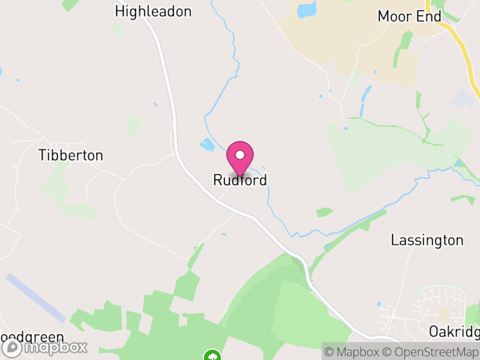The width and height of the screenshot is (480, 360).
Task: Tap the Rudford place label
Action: pyautogui.click(x=240, y=180)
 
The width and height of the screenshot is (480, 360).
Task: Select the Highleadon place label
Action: pyautogui.click(x=153, y=11)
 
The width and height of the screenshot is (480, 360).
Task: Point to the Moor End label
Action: pyautogui.click(x=409, y=16)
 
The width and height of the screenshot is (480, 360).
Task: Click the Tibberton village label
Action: pyautogui.click(x=71, y=155)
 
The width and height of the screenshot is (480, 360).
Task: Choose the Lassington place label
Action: pyautogui.click(x=427, y=241)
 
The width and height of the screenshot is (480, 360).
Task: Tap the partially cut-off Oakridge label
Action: pyautogui.click(x=454, y=332)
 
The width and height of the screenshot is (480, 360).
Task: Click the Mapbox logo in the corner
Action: pyautogui.click(x=45, y=347)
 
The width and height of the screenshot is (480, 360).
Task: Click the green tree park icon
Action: pyautogui.click(x=211, y=356)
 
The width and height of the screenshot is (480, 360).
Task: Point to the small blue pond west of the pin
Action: pyautogui.click(x=208, y=145)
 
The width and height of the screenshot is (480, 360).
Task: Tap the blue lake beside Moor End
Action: pyautogui.click(x=307, y=10)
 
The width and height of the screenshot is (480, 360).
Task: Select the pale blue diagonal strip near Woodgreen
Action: pyautogui.click(x=35, y=297)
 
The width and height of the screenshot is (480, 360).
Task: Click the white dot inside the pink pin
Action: pyautogui.click(x=240, y=155)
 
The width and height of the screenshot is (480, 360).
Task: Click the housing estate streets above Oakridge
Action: pyautogui.click(x=441, y=303)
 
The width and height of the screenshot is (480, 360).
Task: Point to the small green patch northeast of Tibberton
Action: pyautogui.click(x=134, y=125)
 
